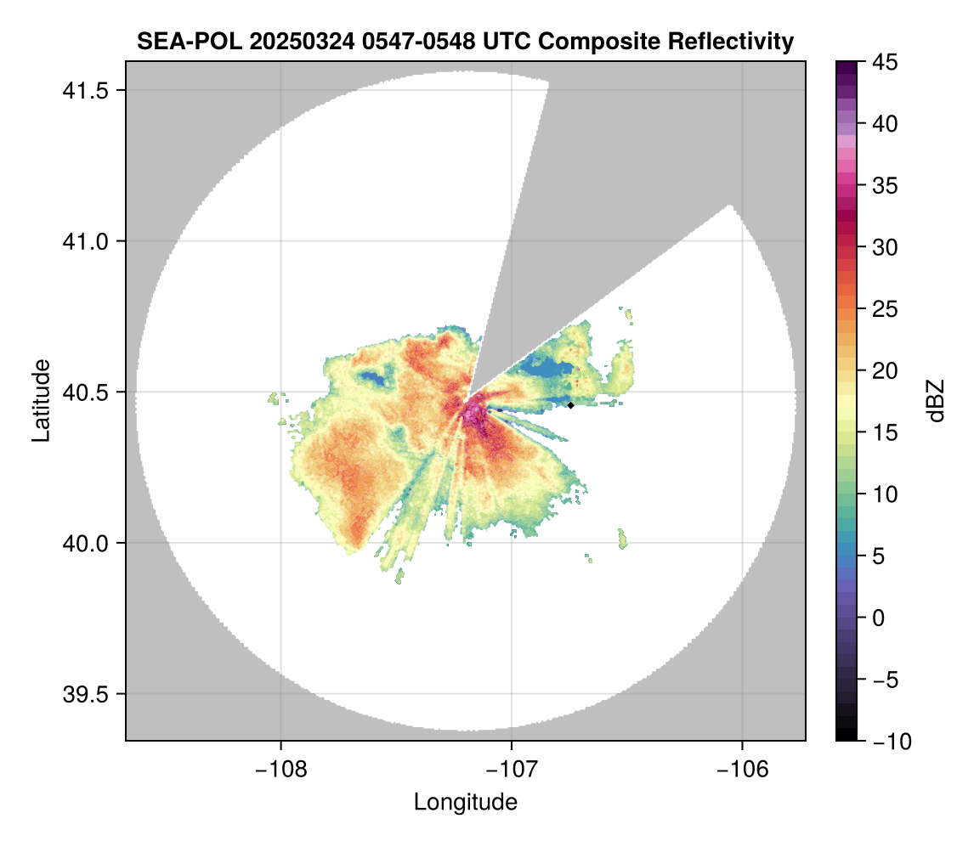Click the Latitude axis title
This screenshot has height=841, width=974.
[x=40, y=400]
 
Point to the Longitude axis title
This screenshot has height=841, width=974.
[x=465, y=801]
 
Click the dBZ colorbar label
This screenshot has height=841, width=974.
[x=936, y=400]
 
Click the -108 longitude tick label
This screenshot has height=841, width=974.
[x=280, y=769]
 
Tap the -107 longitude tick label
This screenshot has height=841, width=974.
[x=512, y=769]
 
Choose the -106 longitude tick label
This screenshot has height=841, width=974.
[x=743, y=769]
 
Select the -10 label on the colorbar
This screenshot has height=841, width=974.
[x=886, y=742]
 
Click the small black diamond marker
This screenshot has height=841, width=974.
[x=571, y=405]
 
